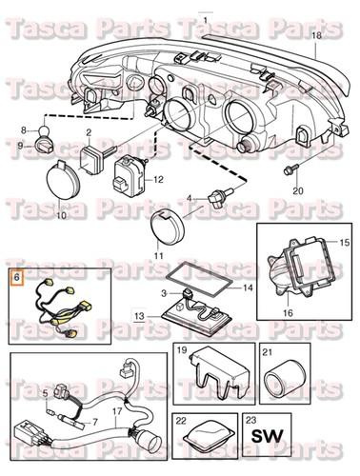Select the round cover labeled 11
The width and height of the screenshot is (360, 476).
(x=171, y=228)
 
